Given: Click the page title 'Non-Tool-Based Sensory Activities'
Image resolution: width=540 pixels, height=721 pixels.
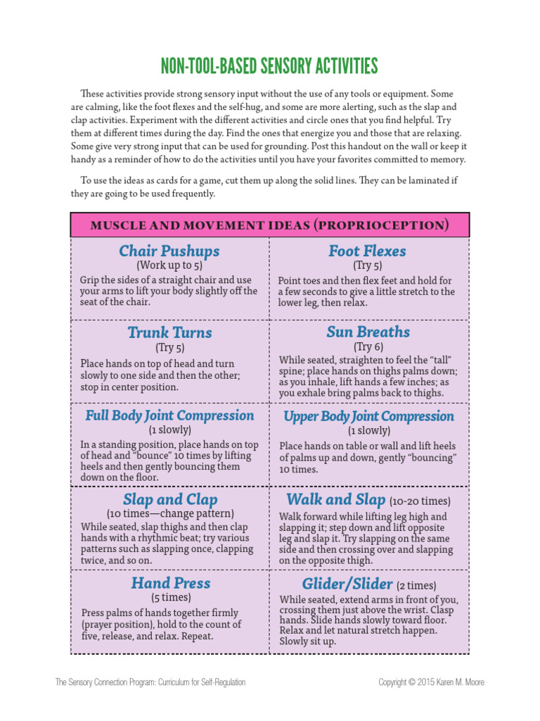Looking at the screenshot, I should (269, 67).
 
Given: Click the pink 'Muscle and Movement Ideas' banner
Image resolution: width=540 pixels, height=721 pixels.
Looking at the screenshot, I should (270, 225).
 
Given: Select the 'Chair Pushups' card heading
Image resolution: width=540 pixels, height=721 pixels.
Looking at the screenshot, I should (169, 251).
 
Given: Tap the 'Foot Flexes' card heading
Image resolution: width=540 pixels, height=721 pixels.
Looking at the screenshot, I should (367, 251).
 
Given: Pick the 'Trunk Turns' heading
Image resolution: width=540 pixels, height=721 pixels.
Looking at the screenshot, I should (169, 332).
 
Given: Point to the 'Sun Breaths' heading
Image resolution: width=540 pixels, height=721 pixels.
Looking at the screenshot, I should (368, 332).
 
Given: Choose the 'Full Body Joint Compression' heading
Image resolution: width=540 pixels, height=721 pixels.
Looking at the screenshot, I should (169, 415).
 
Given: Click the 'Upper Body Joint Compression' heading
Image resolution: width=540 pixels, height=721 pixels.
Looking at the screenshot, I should (368, 416).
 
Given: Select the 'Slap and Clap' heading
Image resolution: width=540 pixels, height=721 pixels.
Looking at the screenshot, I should (169, 499).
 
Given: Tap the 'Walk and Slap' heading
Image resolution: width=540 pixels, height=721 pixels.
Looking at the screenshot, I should (336, 499).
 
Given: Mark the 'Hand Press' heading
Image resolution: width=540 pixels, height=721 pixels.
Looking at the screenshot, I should (170, 583).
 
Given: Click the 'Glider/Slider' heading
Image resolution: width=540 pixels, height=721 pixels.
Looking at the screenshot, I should (347, 584).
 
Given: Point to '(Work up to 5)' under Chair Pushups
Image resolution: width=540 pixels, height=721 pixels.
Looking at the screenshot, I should (169, 266).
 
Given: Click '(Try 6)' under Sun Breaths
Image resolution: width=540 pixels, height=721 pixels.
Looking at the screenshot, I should (368, 346).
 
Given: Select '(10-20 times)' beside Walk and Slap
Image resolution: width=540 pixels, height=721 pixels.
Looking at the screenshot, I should (420, 501).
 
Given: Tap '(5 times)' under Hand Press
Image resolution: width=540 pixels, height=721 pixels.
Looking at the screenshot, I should (170, 598).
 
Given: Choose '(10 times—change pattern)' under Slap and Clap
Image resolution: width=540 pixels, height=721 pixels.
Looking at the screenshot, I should (170, 514).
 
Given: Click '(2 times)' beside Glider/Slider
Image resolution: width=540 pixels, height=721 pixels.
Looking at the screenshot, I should (416, 586).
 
